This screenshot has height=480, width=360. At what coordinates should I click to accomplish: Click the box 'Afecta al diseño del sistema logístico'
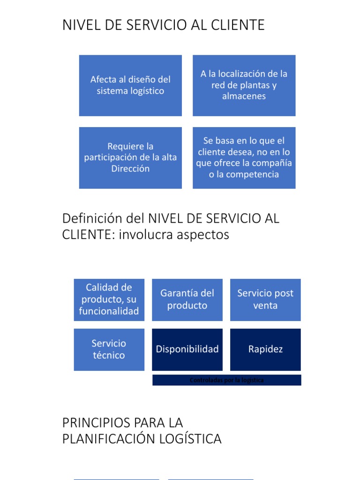[130, 85]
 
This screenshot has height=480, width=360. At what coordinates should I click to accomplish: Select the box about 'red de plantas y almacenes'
[244, 85]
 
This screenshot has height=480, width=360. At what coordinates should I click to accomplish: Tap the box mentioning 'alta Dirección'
[130, 157]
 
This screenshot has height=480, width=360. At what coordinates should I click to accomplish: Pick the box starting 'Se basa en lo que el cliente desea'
[244, 157]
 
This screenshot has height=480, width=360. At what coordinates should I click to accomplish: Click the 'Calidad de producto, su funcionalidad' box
[109, 300]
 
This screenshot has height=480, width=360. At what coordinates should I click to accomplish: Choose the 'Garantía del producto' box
[187, 300]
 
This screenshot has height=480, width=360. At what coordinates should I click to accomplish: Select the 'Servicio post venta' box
[265, 300]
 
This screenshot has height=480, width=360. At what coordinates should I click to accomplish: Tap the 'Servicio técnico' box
[109, 350]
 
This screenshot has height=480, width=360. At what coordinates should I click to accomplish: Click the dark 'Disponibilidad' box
[187, 350]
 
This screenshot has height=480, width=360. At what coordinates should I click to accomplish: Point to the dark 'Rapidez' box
[265, 350]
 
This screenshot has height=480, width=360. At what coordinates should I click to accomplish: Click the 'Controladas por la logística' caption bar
[227, 380]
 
